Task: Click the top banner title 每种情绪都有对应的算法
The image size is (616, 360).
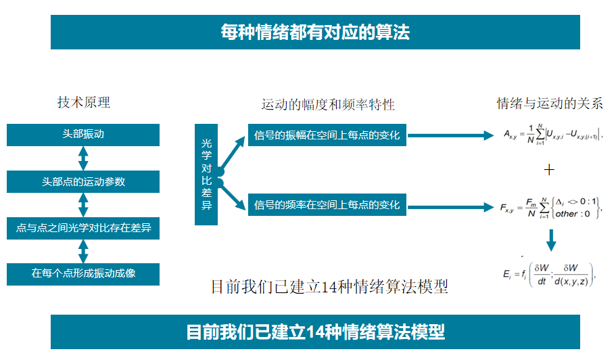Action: point(315,32)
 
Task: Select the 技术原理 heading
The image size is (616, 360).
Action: point(84,103)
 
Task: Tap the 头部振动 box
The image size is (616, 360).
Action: point(83,135)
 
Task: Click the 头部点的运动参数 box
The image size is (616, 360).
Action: point(83,181)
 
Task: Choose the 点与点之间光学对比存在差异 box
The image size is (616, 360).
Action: point(83,228)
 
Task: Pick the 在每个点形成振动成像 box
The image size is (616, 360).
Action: point(83,274)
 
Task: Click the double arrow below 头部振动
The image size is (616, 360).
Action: point(83,158)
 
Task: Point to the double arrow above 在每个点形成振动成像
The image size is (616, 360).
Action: point(83,251)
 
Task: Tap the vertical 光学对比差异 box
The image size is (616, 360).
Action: point(207,175)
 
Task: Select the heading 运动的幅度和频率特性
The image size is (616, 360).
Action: point(328,105)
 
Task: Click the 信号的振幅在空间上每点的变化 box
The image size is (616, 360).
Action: point(327,135)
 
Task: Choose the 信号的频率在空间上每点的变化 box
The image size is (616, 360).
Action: point(327,204)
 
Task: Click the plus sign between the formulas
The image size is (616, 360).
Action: point(549,170)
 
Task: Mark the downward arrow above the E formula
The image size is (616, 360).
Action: point(551,240)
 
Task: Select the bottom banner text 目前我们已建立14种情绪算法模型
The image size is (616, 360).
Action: point(315,332)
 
